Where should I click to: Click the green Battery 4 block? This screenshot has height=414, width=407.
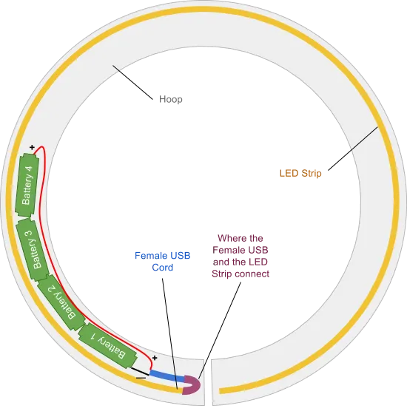pos(27,186)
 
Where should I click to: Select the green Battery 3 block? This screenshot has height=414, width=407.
pos(33,250)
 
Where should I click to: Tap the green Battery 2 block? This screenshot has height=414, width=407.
pos(62,302)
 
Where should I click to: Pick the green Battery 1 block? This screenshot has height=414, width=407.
pos(108,346)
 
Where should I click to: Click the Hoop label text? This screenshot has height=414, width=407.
pos(171,99)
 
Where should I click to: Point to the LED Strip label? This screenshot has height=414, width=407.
pos(300,173)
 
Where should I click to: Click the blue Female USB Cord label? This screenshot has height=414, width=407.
pos(162,262)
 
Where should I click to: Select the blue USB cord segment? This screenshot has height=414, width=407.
pos(167,376)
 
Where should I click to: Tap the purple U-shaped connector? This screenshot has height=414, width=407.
pos(192,385)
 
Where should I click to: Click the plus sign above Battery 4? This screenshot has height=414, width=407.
pos(32,147)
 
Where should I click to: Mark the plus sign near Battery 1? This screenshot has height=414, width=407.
pos(155,358)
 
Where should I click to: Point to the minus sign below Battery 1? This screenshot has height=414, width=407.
pos(141,378)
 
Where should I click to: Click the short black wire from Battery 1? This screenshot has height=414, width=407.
pos(141,371)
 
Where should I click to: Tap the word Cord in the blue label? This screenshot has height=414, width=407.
pos(162,267)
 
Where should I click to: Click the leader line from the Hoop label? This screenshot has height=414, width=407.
pos(132,82)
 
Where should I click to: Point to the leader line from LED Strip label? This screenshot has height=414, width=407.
pos(353,149)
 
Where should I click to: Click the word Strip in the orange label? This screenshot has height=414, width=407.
pos(312,174)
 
